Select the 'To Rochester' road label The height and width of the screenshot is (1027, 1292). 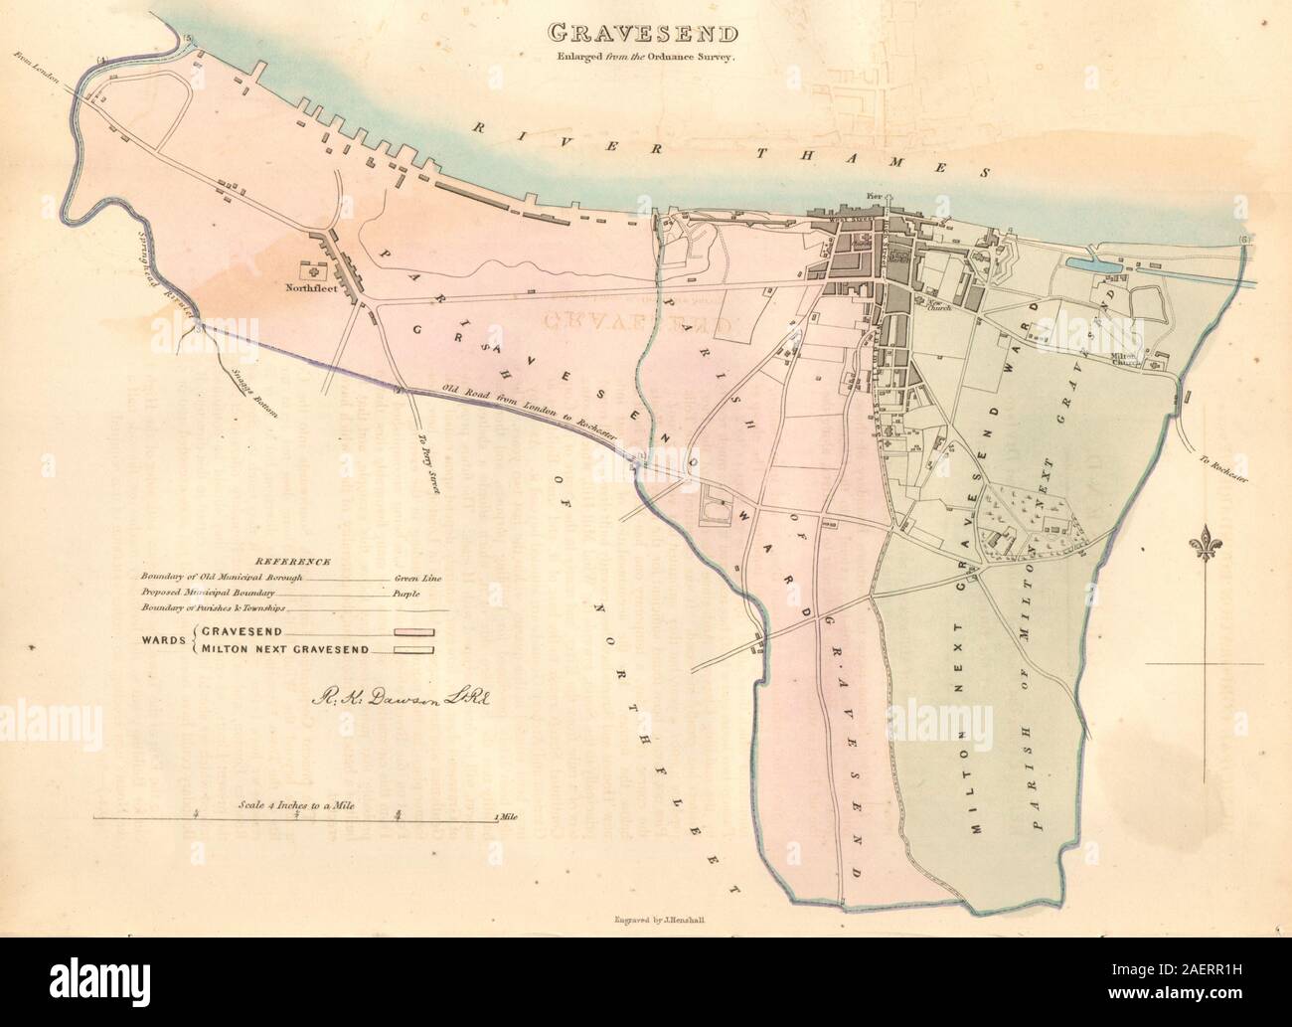pyautogui.click(x=1221, y=469)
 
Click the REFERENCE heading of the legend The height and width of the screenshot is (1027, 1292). pyautogui.click(x=285, y=562)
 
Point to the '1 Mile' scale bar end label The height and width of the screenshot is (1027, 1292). pyautogui.click(x=506, y=817)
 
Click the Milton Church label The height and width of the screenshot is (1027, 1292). pyautogui.click(x=1125, y=363)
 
